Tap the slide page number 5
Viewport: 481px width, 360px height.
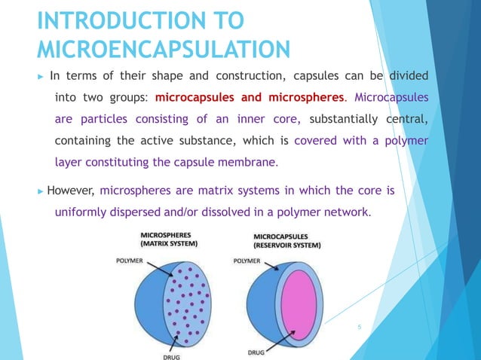point(360,327)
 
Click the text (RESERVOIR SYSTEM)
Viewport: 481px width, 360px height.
point(287,245)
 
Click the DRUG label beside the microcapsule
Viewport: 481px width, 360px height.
point(256,352)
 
